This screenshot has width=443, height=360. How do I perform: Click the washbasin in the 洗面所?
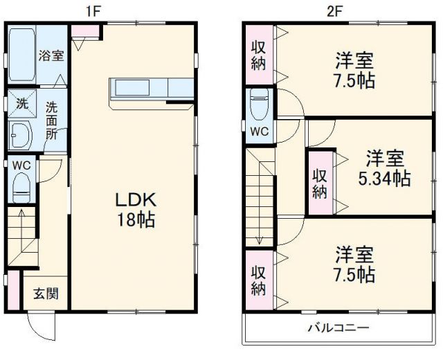[21, 134]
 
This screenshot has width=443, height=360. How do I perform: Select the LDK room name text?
[137, 200]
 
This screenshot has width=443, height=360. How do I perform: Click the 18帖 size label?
[137, 222]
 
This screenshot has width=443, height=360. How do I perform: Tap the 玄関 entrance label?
[46, 293]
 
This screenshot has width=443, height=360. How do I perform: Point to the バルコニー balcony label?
[338, 328]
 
